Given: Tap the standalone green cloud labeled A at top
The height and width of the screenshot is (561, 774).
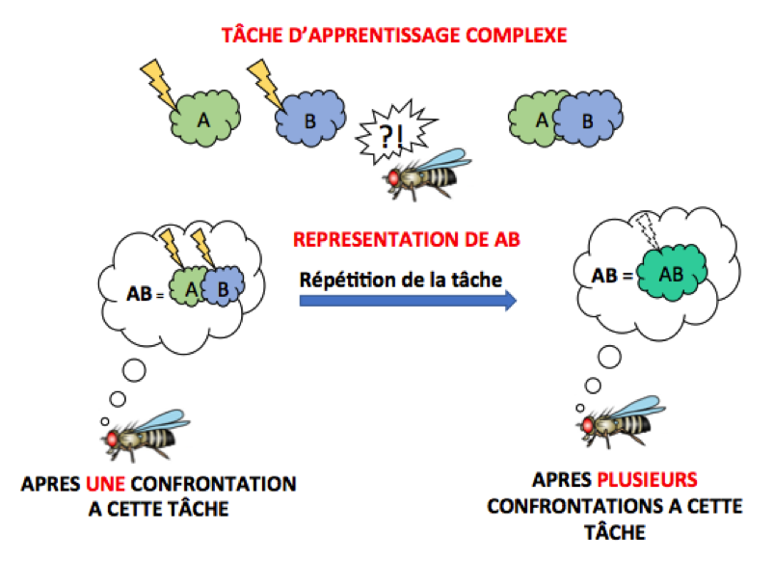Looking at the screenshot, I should tap(203, 120).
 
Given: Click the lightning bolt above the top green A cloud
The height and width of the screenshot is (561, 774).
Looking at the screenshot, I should tap(159, 83).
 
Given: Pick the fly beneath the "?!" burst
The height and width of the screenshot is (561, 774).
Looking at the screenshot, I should tap(428, 174).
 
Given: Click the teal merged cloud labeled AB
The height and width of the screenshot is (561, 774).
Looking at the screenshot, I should tap(672, 275).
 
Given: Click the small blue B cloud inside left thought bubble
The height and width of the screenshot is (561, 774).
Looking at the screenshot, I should tap(224, 288).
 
